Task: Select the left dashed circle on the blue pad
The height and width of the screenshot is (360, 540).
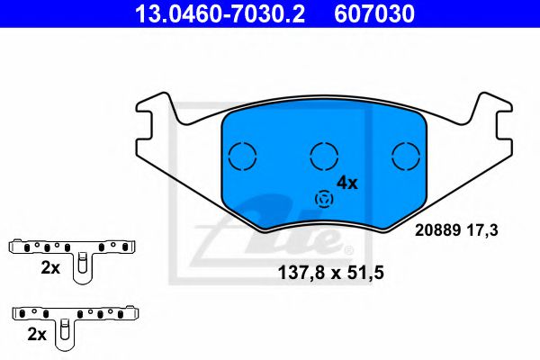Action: click(242, 156)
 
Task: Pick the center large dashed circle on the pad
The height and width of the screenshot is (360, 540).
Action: click(323, 156)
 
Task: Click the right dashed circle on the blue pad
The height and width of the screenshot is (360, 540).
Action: click(407, 156)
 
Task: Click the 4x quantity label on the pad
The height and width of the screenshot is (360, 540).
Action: click(346, 183)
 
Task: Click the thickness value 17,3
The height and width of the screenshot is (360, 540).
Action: click(481, 230)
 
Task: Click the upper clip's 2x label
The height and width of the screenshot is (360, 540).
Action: click(50, 268)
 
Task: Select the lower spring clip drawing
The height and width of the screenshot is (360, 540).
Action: click(76, 315)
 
